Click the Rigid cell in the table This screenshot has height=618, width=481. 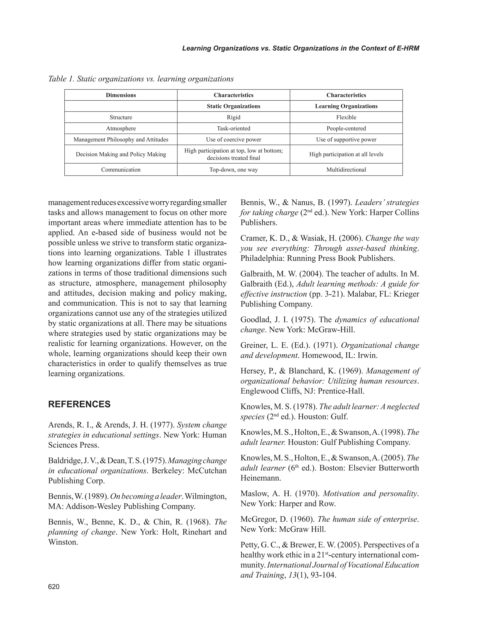point(233,117)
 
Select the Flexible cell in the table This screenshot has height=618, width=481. point(346,117)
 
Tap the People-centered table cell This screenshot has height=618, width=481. point(346,128)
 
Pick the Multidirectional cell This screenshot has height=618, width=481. point(346,169)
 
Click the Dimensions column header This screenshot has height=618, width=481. point(121,95)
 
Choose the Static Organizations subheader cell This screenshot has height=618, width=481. point(233,106)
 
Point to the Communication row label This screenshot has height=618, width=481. point(121,169)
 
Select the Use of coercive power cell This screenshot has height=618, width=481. point(233,139)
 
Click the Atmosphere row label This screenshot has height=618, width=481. point(121,128)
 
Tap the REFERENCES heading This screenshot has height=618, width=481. point(79,404)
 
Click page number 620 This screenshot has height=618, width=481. point(54,587)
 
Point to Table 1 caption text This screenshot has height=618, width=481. point(141,79)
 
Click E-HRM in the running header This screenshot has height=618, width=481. point(408,48)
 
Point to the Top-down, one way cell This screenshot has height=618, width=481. point(233,169)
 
